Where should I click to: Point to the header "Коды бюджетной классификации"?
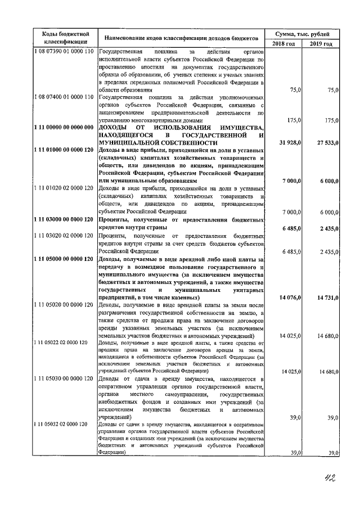(x=64, y=38)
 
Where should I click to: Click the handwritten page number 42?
(x=326, y=479)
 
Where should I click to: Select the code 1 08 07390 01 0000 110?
(x=64, y=52)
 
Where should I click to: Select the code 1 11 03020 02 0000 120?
(x=64, y=236)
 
